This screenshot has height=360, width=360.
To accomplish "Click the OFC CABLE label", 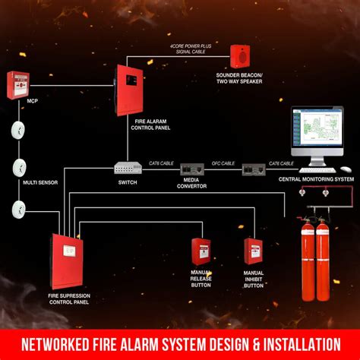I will point(223,162).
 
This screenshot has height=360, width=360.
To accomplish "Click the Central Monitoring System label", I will point(317,179).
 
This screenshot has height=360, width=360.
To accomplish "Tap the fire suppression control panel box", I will point(69,256).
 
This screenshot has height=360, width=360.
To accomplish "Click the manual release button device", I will point(201,250).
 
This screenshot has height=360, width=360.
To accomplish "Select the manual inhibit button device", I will point(254,251).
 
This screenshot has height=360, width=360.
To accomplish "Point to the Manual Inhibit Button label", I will point(254,279).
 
